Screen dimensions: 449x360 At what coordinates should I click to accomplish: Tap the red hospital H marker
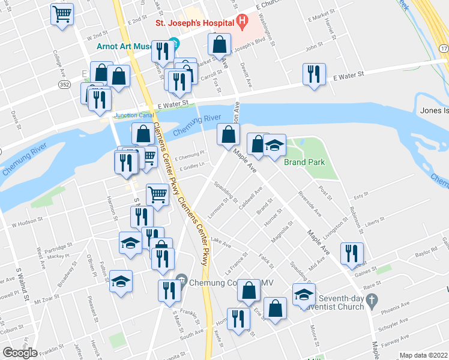pyautogui.click(x=241, y=23)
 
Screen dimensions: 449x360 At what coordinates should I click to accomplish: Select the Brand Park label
pyautogui.click(x=304, y=163)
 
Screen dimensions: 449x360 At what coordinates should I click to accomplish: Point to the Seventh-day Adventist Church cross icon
pyautogui.click(x=372, y=298)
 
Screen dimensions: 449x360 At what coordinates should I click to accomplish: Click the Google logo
pyautogui.click(x=20, y=352)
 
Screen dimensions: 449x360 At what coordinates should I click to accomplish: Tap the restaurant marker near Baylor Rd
pyautogui.click(x=351, y=254)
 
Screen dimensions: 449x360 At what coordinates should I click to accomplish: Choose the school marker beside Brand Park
pyautogui.click(x=274, y=146)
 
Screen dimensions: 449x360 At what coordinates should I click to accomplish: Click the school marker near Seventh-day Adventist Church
pyautogui.click(x=304, y=294)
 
